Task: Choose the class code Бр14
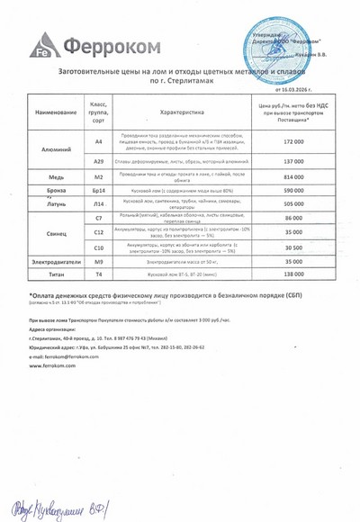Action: (99, 192)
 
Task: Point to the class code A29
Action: (99, 161)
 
